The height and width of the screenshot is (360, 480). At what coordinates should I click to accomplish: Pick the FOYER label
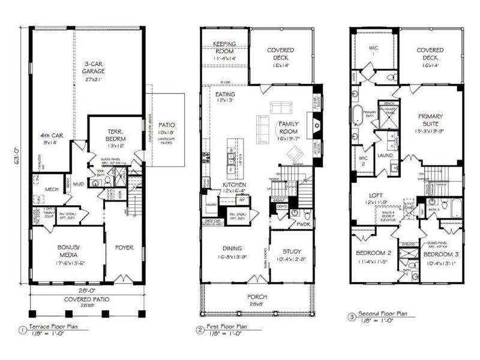124,247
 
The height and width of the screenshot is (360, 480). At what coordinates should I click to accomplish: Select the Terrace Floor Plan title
55,328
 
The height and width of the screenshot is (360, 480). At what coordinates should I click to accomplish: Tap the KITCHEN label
235,184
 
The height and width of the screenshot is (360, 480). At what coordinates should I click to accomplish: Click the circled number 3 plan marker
350,314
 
